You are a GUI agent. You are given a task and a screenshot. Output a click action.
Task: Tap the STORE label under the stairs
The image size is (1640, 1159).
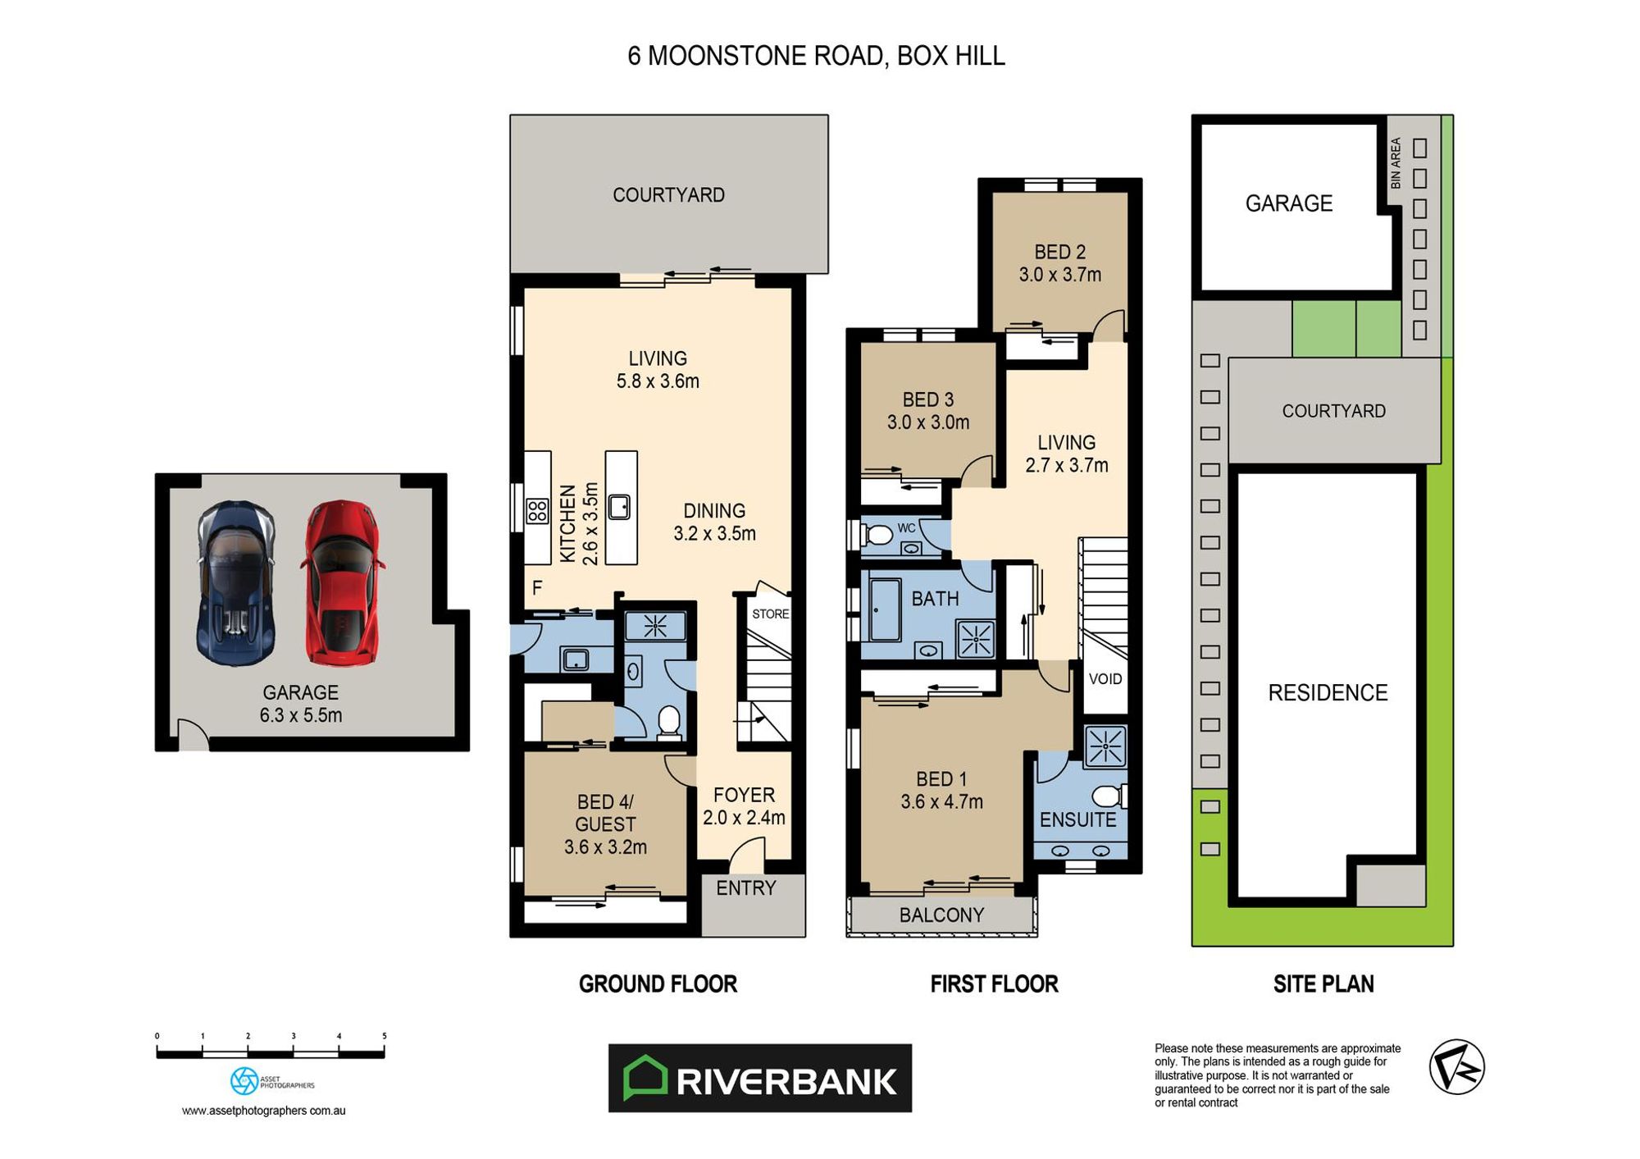(x=770, y=614)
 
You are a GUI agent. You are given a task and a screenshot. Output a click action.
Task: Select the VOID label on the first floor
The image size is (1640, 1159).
(x=1105, y=678)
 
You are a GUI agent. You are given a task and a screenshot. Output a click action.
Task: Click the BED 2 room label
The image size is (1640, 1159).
(x=1059, y=262)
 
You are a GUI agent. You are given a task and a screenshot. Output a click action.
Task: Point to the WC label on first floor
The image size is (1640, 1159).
(x=905, y=528)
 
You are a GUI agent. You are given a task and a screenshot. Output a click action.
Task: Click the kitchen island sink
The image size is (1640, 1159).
(x=619, y=507)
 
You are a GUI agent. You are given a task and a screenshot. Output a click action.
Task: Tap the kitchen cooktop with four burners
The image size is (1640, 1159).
(x=537, y=511)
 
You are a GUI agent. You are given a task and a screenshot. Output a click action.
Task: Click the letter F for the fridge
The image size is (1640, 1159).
(x=537, y=587)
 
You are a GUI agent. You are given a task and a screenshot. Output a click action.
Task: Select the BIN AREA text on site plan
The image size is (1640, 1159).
(x=1396, y=162)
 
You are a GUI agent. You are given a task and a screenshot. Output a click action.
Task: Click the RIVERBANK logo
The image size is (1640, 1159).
(x=759, y=1078)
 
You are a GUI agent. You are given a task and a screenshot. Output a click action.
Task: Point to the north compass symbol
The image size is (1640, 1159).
(x=1456, y=1066)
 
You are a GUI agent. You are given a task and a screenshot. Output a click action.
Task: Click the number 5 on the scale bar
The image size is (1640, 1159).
(x=384, y=1036)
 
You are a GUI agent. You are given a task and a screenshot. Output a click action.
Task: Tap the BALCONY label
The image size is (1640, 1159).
(x=941, y=915)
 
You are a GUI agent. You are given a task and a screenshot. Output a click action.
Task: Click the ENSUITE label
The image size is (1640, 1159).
(x=1077, y=819)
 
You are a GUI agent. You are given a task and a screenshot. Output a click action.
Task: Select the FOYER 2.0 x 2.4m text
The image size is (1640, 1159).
(x=744, y=805)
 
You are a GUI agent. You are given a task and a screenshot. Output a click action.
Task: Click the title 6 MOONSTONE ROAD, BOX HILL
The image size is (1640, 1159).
(x=816, y=56)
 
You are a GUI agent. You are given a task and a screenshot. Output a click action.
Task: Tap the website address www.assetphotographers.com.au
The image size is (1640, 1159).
(x=263, y=1111)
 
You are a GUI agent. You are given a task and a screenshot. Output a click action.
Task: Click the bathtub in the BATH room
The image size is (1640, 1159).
(x=884, y=609)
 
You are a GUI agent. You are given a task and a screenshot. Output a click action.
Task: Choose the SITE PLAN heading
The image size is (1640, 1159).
(x=1323, y=983)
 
